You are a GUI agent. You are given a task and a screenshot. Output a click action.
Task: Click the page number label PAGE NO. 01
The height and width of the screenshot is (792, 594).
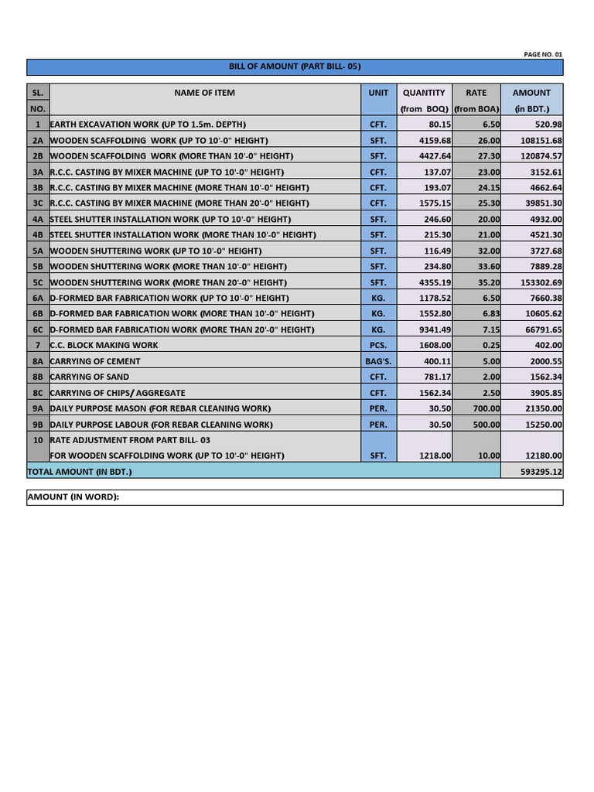pyautogui.click(x=543, y=54)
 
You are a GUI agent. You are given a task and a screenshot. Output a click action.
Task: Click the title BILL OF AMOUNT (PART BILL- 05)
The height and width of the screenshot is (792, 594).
pyautogui.click(x=295, y=67)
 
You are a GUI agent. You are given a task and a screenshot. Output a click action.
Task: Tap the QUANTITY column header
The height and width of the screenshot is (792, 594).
pyautogui.click(x=424, y=93)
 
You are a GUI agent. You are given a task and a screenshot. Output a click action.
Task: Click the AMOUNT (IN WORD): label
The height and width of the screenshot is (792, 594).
pyautogui.click(x=73, y=497)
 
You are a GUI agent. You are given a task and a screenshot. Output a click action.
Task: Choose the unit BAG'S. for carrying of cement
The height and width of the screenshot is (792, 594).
pyautogui.click(x=378, y=361)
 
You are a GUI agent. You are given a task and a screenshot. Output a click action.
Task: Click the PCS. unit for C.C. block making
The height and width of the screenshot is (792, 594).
pyautogui.click(x=378, y=346)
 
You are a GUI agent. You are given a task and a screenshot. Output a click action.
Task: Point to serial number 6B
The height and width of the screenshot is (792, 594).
pyautogui.click(x=38, y=314)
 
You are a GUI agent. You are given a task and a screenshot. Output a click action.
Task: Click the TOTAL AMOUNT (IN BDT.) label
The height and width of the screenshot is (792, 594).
pyautogui.click(x=80, y=471)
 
